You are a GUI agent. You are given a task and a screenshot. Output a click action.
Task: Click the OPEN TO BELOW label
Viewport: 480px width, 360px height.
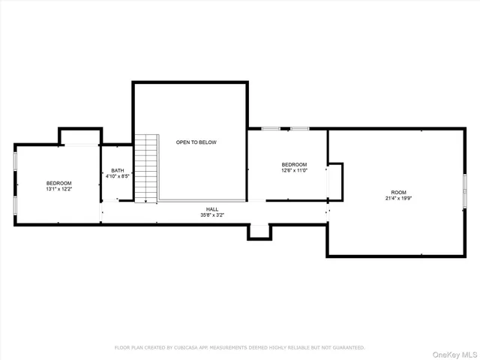point(196,142)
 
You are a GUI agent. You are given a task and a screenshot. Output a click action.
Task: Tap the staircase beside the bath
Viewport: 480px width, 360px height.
point(146,168)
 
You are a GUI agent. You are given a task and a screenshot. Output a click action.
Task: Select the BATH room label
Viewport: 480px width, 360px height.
point(118,170)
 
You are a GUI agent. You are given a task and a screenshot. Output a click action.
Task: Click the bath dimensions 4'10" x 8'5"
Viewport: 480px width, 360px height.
point(118,176)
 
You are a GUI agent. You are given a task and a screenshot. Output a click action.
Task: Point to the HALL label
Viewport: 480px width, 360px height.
point(212,209)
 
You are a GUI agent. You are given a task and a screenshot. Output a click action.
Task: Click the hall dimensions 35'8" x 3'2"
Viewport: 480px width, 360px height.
point(212,215)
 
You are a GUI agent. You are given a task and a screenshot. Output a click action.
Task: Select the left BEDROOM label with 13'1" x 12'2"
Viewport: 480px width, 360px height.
point(58,184)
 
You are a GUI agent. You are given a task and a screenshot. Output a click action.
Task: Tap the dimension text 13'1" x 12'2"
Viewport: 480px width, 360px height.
point(58,190)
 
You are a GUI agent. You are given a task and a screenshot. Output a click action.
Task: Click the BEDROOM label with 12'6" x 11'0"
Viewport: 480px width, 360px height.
point(294,164)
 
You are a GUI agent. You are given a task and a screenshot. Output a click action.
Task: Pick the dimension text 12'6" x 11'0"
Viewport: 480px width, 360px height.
point(294,170)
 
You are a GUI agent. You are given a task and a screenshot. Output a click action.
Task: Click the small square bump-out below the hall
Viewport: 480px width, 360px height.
point(259,232)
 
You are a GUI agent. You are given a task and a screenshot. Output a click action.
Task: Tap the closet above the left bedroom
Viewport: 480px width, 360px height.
point(80,136)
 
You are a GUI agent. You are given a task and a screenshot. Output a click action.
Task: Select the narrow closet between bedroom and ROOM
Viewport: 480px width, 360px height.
point(334,182)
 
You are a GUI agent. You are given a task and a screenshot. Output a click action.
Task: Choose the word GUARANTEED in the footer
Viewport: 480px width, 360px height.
point(344,347)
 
